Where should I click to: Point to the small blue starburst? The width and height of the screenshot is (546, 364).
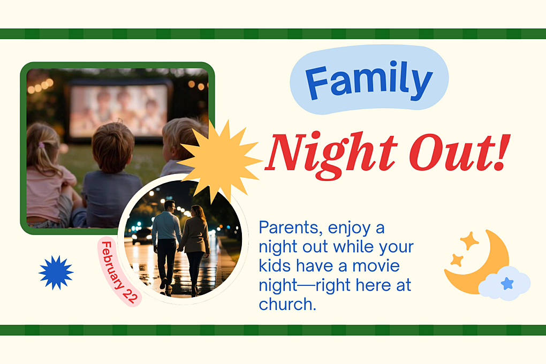(x=56, y=272)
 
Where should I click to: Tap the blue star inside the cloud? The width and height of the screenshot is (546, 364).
(x=506, y=283)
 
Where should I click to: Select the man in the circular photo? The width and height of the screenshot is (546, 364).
(x=166, y=241)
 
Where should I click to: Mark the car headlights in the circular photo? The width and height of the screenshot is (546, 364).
(x=140, y=234)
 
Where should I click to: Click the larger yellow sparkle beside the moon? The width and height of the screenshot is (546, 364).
(x=469, y=241)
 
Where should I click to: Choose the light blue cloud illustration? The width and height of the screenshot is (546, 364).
(x=504, y=283)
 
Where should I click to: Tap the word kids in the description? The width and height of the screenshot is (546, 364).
(x=274, y=266)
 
